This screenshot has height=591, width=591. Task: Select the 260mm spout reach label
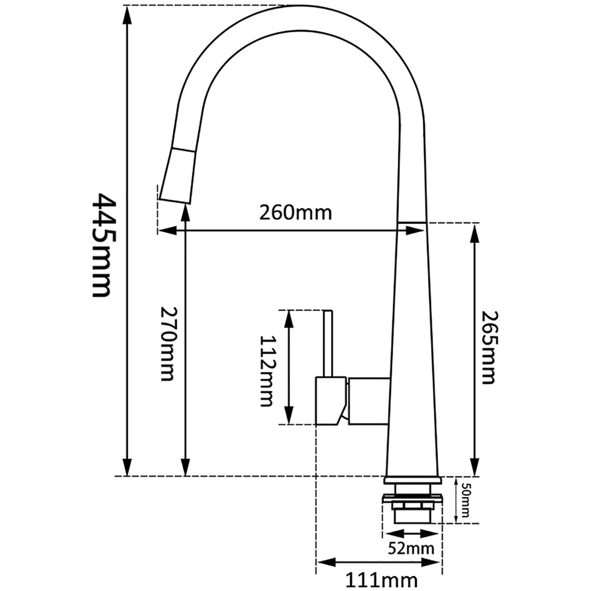(x=295, y=212)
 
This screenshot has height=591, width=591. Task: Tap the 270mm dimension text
(x=168, y=343)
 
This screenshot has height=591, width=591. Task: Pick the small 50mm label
(x=466, y=500)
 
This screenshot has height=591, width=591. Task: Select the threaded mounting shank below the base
(x=412, y=509)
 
